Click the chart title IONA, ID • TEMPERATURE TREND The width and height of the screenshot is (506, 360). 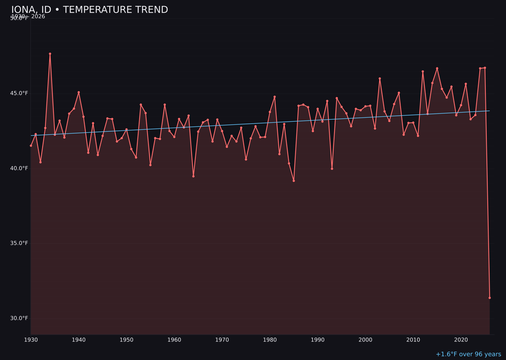click(x=89, y=10)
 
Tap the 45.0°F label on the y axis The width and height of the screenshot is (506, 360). click(x=20, y=93)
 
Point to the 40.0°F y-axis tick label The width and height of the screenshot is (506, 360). click(x=20, y=168)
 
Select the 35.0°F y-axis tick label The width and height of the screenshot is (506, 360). click(x=20, y=243)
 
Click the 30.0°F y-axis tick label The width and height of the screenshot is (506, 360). click(x=20, y=318)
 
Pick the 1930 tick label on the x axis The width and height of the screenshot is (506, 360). click(x=31, y=340)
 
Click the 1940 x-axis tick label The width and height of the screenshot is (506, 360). click(x=79, y=340)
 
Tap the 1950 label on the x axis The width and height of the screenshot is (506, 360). click(x=126, y=340)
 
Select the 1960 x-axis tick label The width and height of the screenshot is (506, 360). click(x=174, y=340)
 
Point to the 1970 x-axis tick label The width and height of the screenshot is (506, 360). click(x=222, y=340)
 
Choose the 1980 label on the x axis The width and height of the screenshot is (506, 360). click(x=270, y=340)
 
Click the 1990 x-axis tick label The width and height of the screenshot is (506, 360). click(x=318, y=340)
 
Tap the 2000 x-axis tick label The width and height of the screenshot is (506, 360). click(x=365, y=340)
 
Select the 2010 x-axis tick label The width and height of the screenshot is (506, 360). click(x=413, y=340)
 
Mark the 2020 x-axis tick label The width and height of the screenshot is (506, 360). click(x=461, y=340)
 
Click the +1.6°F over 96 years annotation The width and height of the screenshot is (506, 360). click(x=468, y=354)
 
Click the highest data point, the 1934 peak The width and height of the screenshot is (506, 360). click(x=50, y=54)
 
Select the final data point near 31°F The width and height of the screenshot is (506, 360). click(x=490, y=298)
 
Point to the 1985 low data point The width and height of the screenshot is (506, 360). click(x=294, y=180)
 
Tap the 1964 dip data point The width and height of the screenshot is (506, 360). click(x=193, y=176)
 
